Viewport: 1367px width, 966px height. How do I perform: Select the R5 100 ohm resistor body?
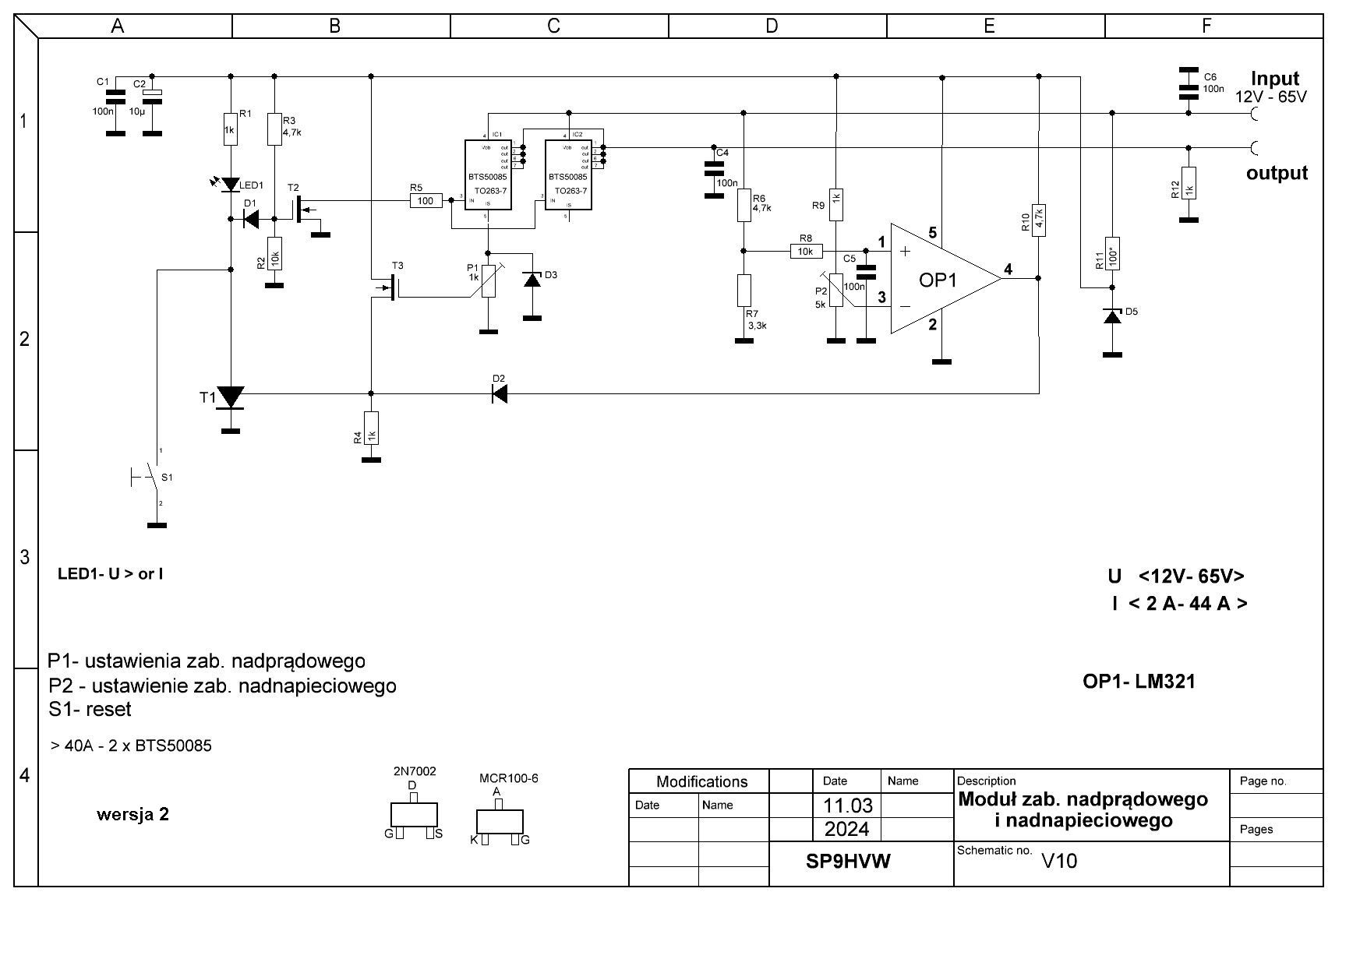pyautogui.click(x=426, y=200)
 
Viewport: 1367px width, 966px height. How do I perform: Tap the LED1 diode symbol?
pyautogui.click(x=231, y=185)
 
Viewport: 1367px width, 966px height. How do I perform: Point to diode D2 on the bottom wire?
pyautogui.click(x=500, y=394)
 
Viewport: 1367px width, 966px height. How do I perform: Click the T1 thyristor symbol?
pyautogui.click(x=231, y=398)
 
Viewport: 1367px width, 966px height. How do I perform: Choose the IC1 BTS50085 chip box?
pyautogui.click(x=489, y=175)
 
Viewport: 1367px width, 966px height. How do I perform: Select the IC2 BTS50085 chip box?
pyautogui.click(x=568, y=175)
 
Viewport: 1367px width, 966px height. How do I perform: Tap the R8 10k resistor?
pyautogui.click(x=806, y=251)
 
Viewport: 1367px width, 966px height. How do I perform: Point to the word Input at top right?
pyautogui.click(x=1275, y=79)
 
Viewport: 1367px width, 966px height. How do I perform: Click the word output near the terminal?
pyautogui.click(x=1277, y=173)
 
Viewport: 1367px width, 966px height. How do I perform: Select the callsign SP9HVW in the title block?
pyautogui.click(x=848, y=862)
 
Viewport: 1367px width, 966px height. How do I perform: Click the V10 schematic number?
pyautogui.click(x=1059, y=861)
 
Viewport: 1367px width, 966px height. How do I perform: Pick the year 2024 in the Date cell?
pyautogui.click(x=846, y=829)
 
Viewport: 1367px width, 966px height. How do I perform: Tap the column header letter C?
pyautogui.click(x=553, y=26)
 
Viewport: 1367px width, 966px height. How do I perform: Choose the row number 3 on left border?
pyautogui.click(x=25, y=557)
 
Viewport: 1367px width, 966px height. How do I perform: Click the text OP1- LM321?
pyautogui.click(x=1139, y=682)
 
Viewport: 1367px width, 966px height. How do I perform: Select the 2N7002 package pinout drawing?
pyautogui.click(x=414, y=815)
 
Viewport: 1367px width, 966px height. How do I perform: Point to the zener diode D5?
pyautogui.click(x=1112, y=316)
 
